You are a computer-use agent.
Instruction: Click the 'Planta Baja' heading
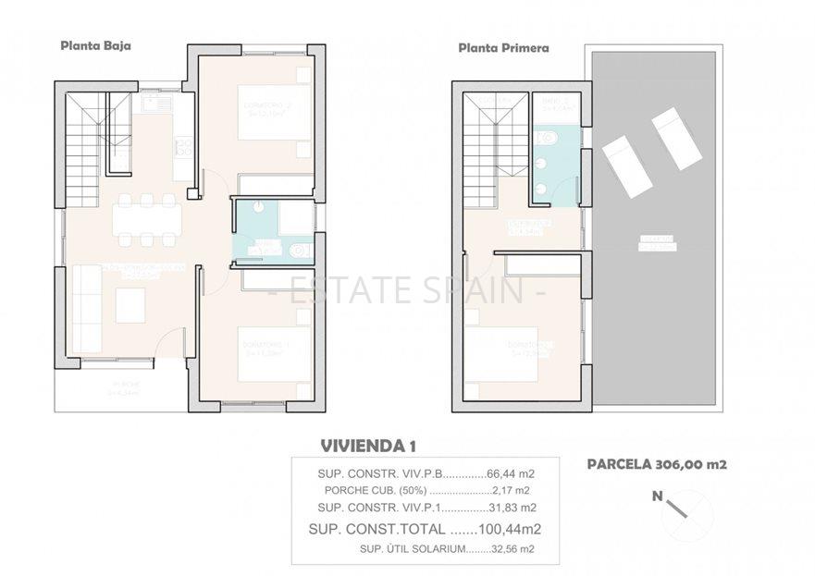click(x=94, y=43)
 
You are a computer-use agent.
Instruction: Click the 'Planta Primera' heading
click(x=503, y=47)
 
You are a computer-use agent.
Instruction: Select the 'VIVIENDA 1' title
click(x=367, y=446)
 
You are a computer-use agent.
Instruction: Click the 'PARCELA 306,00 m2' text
click(x=656, y=464)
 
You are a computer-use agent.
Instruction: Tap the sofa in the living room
click(x=86, y=309)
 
